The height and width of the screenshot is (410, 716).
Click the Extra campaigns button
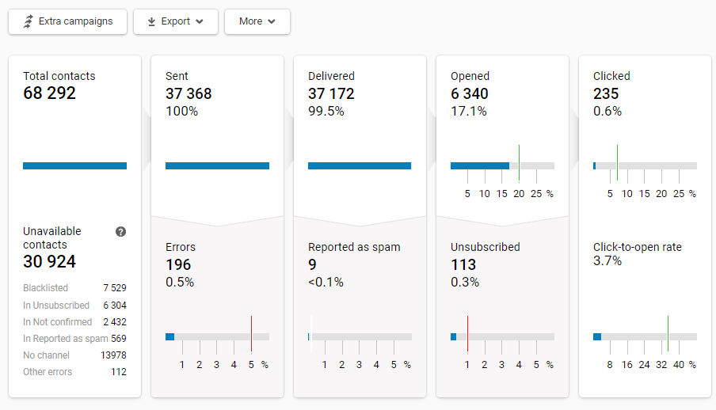pyautogui.click(x=67, y=21)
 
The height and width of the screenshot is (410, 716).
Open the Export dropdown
pyautogui.click(x=175, y=21)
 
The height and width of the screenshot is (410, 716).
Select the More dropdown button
pyautogui.click(x=257, y=21)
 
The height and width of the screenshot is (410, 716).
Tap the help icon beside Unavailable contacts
pyautogui.click(x=120, y=232)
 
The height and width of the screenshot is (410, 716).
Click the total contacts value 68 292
pyautogui.click(x=49, y=93)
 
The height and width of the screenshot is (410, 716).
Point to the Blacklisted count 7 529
pyautogui.click(x=114, y=288)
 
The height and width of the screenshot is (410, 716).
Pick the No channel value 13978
pyautogui.click(x=113, y=355)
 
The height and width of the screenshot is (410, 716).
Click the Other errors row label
pyautogui.click(x=48, y=372)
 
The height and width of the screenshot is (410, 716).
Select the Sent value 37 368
pyautogui.click(x=189, y=93)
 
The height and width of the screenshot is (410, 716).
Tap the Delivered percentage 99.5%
pyautogui.click(x=326, y=112)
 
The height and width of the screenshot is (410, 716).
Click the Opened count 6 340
pyautogui.click(x=470, y=93)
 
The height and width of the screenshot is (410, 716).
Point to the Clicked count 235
pyautogui.click(x=607, y=93)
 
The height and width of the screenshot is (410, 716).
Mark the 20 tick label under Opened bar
pyautogui.click(x=519, y=194)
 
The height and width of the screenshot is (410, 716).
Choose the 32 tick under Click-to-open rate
pyautogui.click(x=661, y=365)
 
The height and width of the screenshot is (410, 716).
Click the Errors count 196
pyautogui.click(x=178, y=264)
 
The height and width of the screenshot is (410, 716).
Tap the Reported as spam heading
pyautogui.click(x=354, y=247)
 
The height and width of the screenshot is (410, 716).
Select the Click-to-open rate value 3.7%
pyautogui.click(x=607, y=261)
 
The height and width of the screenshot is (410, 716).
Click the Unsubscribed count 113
pyautogui.click(x=463, y=264)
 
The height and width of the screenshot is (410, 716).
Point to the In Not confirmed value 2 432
pyautogui.click(x=114, y=321)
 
